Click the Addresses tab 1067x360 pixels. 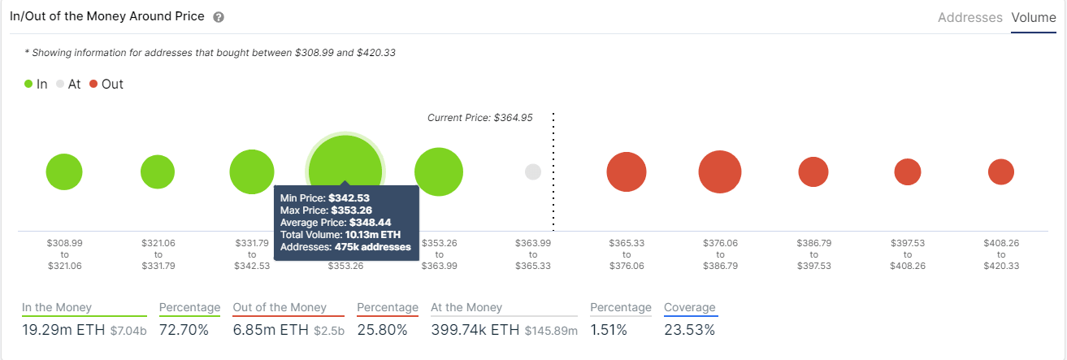970,17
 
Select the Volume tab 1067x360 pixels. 1034,17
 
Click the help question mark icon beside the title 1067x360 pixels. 219,17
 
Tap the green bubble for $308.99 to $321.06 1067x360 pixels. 64,171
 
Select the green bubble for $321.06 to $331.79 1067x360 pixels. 158,171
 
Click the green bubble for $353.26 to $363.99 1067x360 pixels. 439,171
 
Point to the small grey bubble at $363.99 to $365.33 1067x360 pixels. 533,171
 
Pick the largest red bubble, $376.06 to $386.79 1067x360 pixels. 719,171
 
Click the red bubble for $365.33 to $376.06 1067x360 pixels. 627,171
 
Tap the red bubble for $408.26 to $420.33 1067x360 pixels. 1000,171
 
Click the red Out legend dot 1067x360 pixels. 93,84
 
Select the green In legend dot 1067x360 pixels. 29,84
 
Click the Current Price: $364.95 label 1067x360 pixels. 479,117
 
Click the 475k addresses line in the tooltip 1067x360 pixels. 345,246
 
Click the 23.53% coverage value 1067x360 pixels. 689,330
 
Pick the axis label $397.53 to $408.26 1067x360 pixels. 907,254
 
